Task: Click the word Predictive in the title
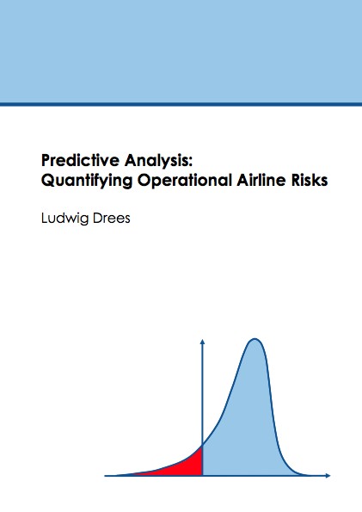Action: pyautogui.click(x=80, y=160)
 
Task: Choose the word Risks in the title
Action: pyautogui.click(x=310, y=180)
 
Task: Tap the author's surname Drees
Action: pyautogui.click(x=111, y=218)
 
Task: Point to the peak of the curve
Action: pyautogui.click(x=255, y=339)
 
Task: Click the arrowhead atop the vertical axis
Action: pyautogui.click(x=202, y=342)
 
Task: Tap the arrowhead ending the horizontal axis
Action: pyautogui.click(x=328, y=476)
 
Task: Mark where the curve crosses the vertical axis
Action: pyautogui.click(x=202, y=445)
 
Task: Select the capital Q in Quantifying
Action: pyautogui.click(x=48, y=181)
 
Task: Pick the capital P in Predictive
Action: pyautogui.click(x=46, y=160)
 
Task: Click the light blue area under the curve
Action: pyautogui.click(x=248, y=424)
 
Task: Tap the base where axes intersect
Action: pyautogui.click(x=202, y=476)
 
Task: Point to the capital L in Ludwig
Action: pyautogui.click(x=44, y=218)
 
